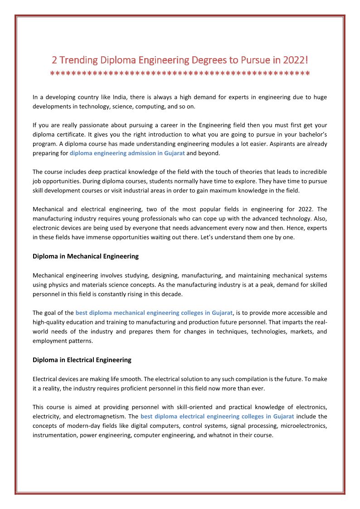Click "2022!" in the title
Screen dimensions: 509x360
(296, 60)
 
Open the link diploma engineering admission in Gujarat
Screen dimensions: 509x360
(127, 153)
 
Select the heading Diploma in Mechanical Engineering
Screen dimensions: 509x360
(86, 256)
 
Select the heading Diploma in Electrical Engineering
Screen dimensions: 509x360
(82, 360)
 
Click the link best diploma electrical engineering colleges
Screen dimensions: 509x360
(217, 416)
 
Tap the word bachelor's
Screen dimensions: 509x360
(311, 134)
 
